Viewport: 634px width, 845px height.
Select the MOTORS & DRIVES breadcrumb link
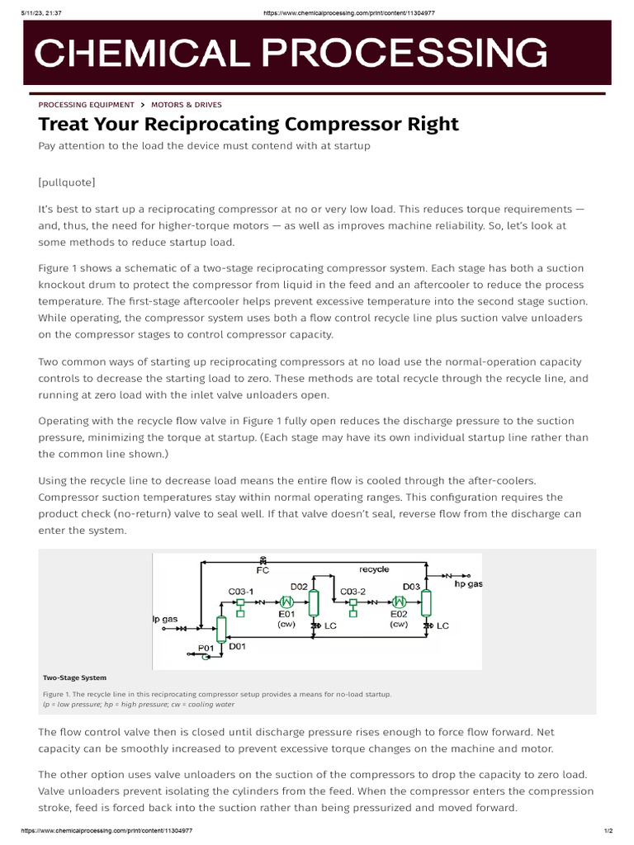[x=186, y=105]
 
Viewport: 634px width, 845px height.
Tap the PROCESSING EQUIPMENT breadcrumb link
[x=86, y=105]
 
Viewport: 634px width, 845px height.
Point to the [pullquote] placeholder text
[x=67, y=182]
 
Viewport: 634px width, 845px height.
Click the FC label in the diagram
[x=263, y=569]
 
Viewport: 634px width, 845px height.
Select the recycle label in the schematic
[x=374, y=569]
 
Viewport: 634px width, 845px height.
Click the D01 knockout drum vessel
[x=221, y=629]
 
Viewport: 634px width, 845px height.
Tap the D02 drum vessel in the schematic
[x=314, y=604]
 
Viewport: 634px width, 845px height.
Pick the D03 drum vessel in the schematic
[x=427, y=604]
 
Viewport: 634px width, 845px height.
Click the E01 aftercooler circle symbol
[x=287, y=602]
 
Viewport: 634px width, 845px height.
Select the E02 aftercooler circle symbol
[x=400, y=602]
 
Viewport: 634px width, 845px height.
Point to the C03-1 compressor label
[x=240, y=591]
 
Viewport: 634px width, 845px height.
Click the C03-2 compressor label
[x=353, y=591]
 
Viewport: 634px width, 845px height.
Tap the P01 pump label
[x=206, y=648]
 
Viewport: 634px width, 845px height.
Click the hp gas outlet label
[x=469, y=583]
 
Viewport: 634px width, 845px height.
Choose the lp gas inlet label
[x=165, y=618]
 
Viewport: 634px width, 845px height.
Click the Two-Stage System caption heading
[x=74, y=677]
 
